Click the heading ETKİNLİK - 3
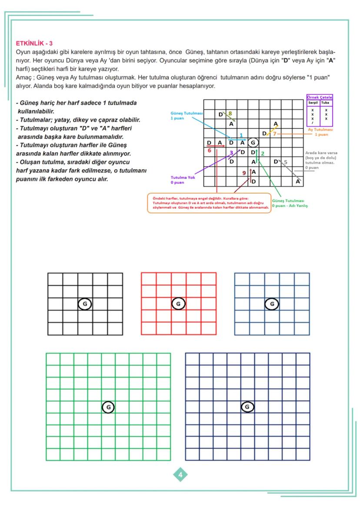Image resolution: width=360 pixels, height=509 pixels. [34, 43]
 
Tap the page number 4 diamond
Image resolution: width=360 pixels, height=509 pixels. [180, 475]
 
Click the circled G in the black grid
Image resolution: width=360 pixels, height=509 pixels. [84, 304]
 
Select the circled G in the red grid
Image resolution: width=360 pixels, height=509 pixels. [178, 304]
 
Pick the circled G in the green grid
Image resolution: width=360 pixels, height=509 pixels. [108, 407]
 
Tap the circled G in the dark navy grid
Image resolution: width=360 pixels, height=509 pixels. [247, 407]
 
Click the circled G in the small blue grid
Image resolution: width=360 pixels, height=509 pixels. [272, 304]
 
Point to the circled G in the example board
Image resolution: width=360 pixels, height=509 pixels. [253, 142]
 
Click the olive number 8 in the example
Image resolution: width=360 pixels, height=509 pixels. [230, 113]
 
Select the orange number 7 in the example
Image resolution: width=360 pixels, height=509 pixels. [274, 133]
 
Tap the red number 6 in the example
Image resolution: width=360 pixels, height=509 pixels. [209, 150]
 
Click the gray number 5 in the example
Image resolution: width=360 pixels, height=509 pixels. [285, 162]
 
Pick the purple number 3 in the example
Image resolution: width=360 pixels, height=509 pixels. [231, 153]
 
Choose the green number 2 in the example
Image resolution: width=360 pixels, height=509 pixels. [262, 153]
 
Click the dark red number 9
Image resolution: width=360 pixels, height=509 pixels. [244, 173]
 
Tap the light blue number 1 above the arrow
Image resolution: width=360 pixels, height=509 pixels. [241, 136]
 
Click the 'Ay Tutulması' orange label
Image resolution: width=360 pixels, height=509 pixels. [320, 130]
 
